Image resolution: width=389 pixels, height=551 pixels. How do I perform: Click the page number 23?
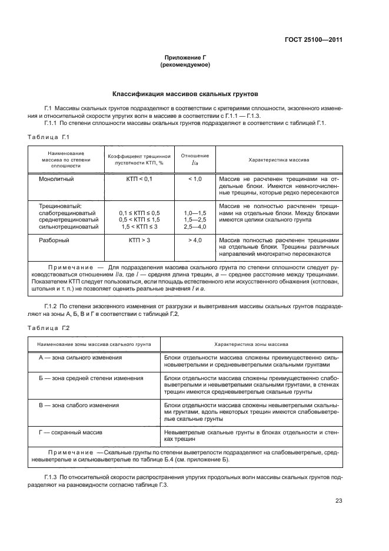(338, 501)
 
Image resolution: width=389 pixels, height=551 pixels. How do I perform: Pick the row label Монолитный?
(56, 178)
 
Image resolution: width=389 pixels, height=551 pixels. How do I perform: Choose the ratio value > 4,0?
(195, 241)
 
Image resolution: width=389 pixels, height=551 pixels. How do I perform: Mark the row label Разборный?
(54, 241)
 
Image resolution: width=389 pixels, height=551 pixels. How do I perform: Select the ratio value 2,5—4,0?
(195, 226)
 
